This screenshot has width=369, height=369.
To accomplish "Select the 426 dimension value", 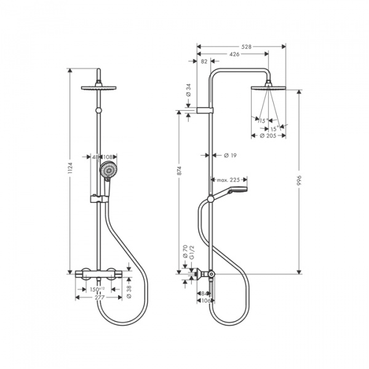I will click(234, 54).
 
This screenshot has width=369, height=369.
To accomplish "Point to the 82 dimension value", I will click(204, 61).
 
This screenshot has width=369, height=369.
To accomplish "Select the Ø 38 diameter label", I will click(128, 292).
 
